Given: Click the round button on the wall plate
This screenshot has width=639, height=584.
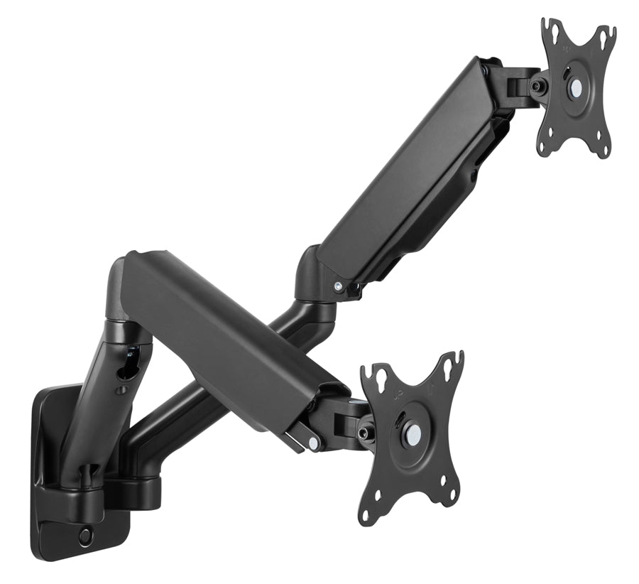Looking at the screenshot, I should point(85,536).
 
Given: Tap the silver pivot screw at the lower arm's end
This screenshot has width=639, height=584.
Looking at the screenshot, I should point(313,443).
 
